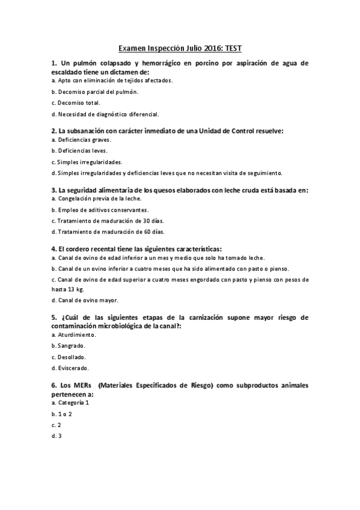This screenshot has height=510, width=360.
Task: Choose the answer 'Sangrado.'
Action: point(69,346)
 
